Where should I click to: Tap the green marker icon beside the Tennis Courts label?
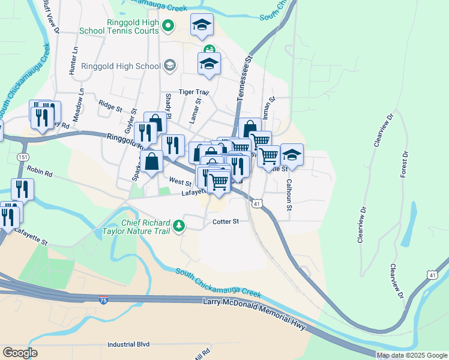169,26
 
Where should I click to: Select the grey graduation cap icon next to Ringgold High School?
170,65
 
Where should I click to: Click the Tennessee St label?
246,71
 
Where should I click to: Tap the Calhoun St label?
289,196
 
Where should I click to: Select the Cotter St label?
226,221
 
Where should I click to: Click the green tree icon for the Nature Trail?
178,226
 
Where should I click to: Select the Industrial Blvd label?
128,345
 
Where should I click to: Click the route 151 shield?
23,157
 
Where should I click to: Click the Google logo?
20,353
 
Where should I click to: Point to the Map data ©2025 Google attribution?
411,355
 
